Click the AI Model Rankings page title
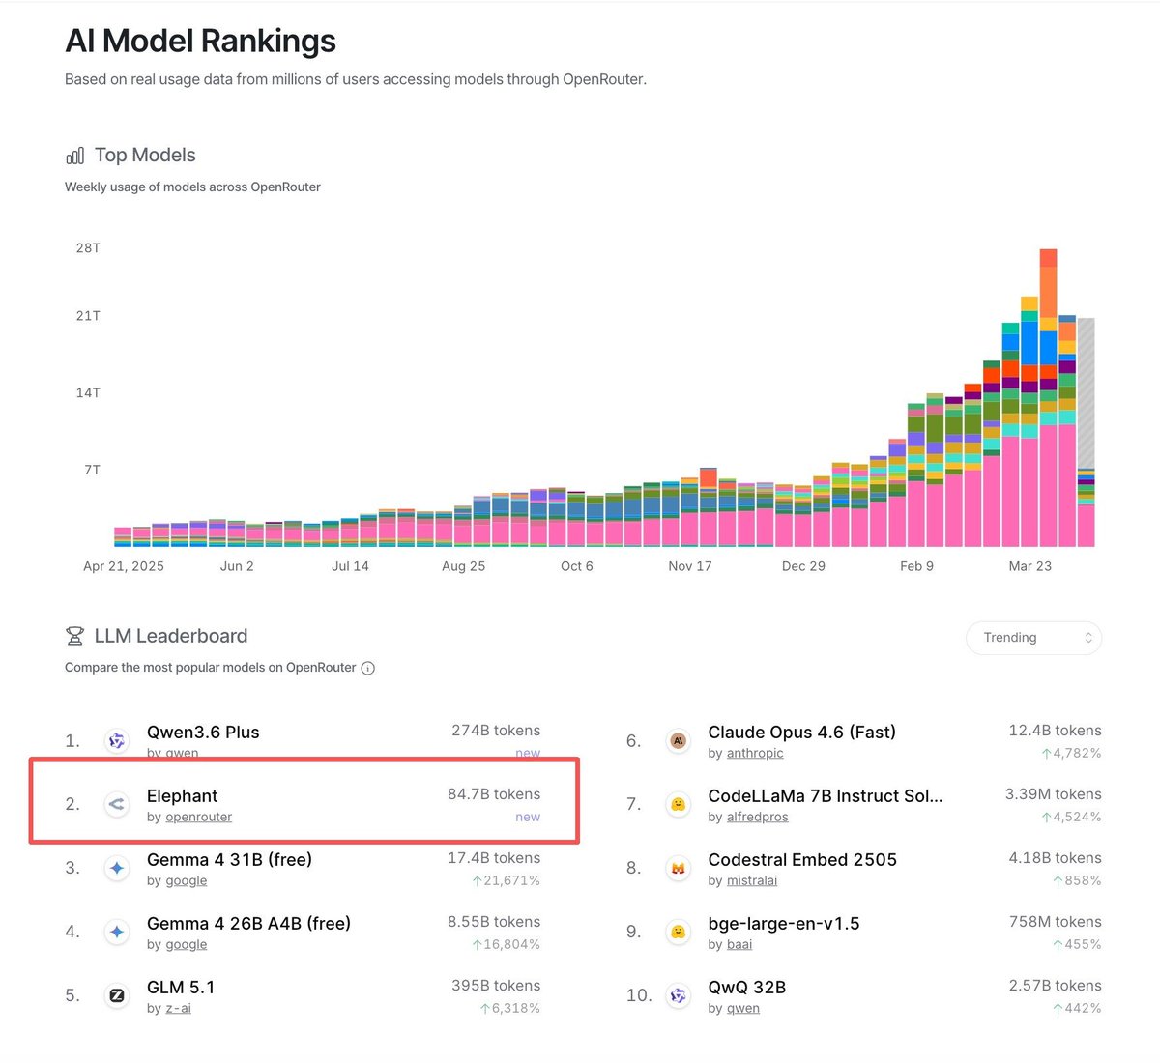click(200, 42)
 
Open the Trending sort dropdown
click(1033, 638)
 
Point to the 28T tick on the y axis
click(88, 248)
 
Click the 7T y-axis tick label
click(92, 470)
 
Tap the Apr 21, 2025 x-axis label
click(124, 566)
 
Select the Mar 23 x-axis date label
click(1029, 566)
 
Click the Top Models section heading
click(144, 156)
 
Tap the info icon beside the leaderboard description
click(367, 668)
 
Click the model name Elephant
click(182, 796)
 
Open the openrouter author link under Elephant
click(198, 818)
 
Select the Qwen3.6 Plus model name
click(203, 733)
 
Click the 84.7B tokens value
click(493, 794)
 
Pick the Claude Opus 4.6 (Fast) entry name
click(801, 733)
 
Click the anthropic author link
click(755, 754)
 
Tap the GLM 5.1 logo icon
click(117, 995)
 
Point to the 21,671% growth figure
click(510, 881)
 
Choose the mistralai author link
click(752, 881)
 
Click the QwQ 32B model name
click(746, 988)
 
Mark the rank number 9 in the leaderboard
click(633, 932)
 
